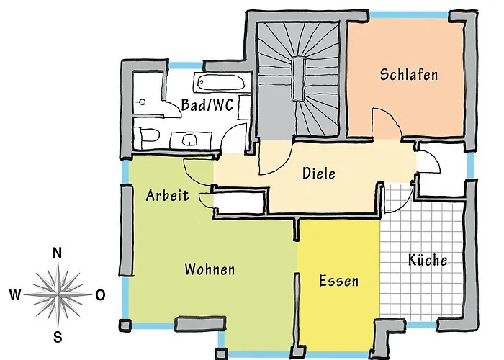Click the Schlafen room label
pos(409,75)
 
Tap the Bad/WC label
pos(207,105)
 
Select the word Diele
pos(319,174)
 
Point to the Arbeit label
pos(167,195)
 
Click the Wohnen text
pos(210,269)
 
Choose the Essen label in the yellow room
pos(338,280)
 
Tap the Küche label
pos(427,260)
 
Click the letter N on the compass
pos(58,253)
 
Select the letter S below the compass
pos(58,336)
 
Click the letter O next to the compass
pos(100,294)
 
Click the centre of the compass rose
pos(58,294)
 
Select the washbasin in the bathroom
pos(190,138)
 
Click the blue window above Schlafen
pos(408,14)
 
